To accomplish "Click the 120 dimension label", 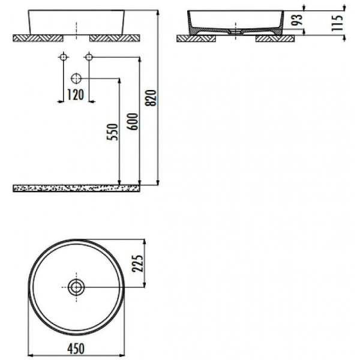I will [x=75, y=94].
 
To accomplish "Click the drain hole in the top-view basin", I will [x=76, y=287].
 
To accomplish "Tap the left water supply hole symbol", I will [x=63, y=57].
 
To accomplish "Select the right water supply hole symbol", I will [x=88, y=57].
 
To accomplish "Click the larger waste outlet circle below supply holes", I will [x=76, y=78].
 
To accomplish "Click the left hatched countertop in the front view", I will [x=38, y=38].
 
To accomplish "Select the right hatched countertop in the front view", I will [x=115, y=38].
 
